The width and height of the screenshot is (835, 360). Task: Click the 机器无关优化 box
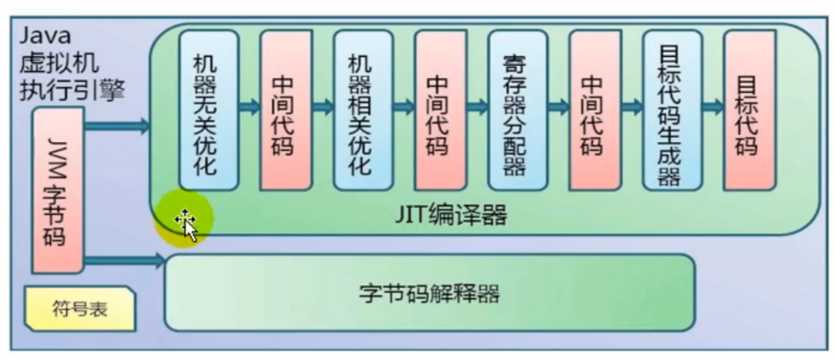click(209, 110)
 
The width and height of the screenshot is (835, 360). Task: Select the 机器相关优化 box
click(363, 110)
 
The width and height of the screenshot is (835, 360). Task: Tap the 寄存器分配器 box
click(517, 110)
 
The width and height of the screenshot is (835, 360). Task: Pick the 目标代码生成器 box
click(672, 110)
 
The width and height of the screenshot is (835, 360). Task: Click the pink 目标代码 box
click(749, 110)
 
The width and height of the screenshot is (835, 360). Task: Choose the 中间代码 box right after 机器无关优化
click(286, 110)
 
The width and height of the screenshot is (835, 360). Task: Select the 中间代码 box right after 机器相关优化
click(440, 110)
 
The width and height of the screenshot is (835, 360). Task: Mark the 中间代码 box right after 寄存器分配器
click(594, 110)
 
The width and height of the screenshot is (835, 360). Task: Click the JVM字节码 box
click(58, 191)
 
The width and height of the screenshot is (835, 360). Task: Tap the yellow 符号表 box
click(80, 308)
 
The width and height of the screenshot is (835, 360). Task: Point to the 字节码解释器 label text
click(429, 293)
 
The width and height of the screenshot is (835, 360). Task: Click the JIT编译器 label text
click(451, 214)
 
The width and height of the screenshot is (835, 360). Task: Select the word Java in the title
click(45, 36)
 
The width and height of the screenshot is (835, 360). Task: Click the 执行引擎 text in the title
click(72, 90)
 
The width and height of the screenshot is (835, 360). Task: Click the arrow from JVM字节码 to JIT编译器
click(117, 125)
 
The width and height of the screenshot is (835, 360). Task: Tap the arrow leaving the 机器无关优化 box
click(249, 106)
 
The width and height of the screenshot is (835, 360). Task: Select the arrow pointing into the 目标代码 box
click(713, 106)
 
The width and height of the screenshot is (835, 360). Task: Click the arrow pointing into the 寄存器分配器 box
click(477, 106)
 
